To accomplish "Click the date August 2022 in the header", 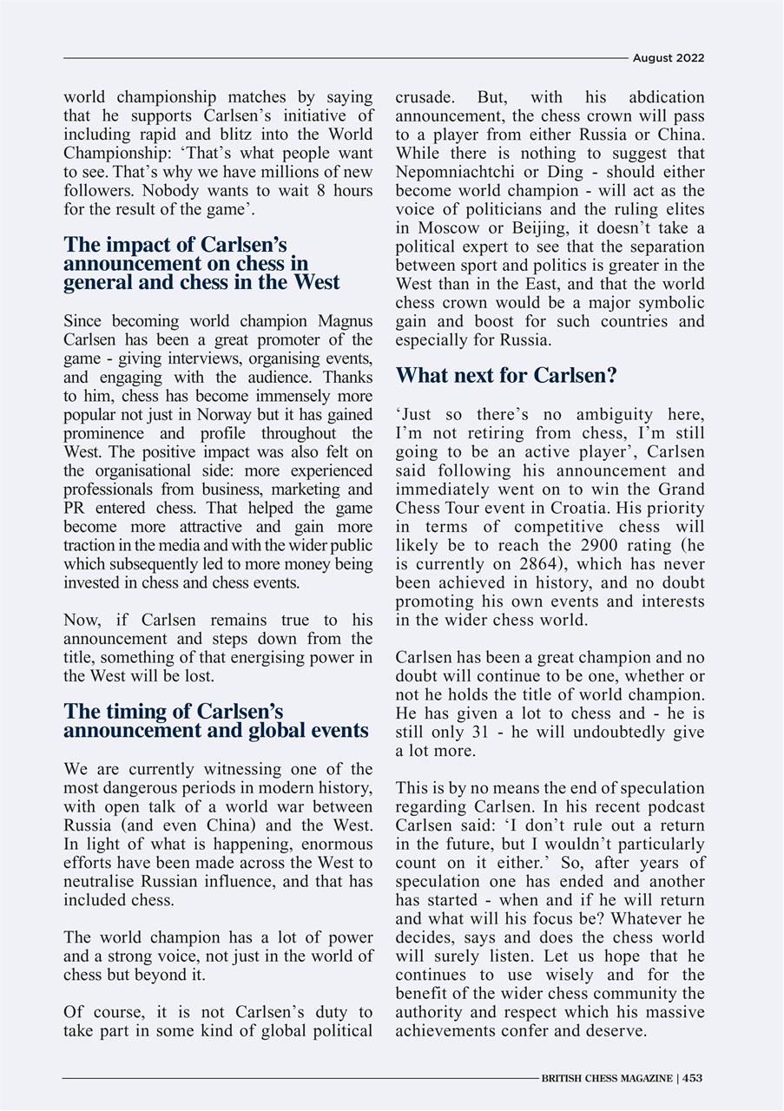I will click(668, 58).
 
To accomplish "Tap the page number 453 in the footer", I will click(692, 1078).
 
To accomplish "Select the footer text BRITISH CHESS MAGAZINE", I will click(606, 1078).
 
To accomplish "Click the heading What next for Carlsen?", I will click(506, 376).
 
